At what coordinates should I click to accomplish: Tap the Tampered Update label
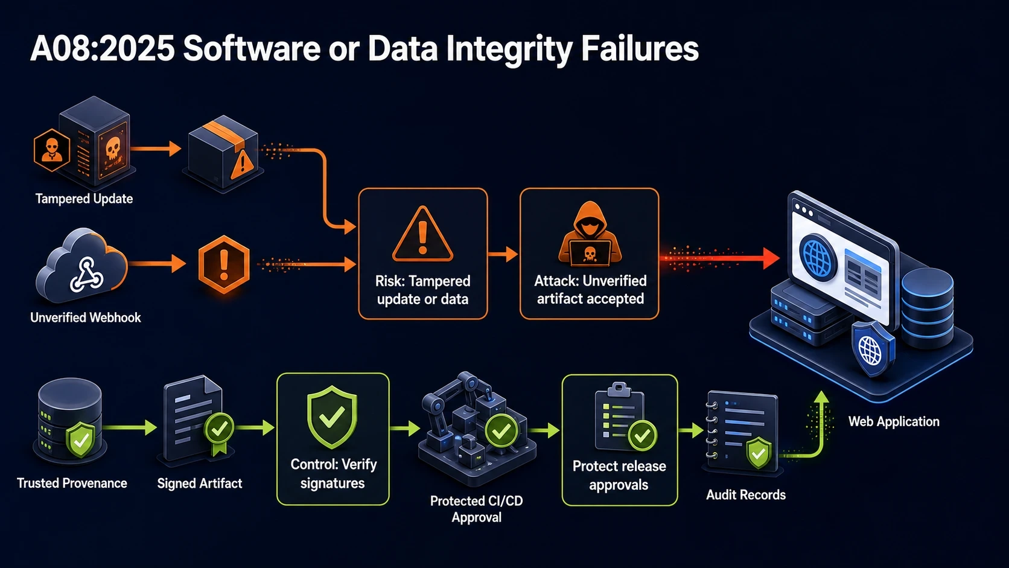(x=84, y=199)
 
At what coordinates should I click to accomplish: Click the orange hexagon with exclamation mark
(x=224, y=265)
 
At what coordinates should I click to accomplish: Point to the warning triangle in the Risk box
(x=422, y=234)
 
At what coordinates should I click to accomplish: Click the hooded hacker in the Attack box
(x=590, y=234)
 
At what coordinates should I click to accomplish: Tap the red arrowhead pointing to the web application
(x=771, y=258)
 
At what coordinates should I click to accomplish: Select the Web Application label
(x=894, y=421)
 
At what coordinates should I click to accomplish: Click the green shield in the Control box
(x=332, y=416)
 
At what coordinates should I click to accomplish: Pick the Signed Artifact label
(x=200, y=483)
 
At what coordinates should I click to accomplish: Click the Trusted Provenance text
(x=72, y=483)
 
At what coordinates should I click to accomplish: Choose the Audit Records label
(x=745, y=495)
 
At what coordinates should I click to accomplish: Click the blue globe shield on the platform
(x=872, y=349)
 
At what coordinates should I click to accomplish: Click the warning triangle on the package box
(x=243, y=164)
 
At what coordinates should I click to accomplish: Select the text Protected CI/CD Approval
(x=477, y=509)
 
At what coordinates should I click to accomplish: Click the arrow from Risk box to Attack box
(x=503, y=254)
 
